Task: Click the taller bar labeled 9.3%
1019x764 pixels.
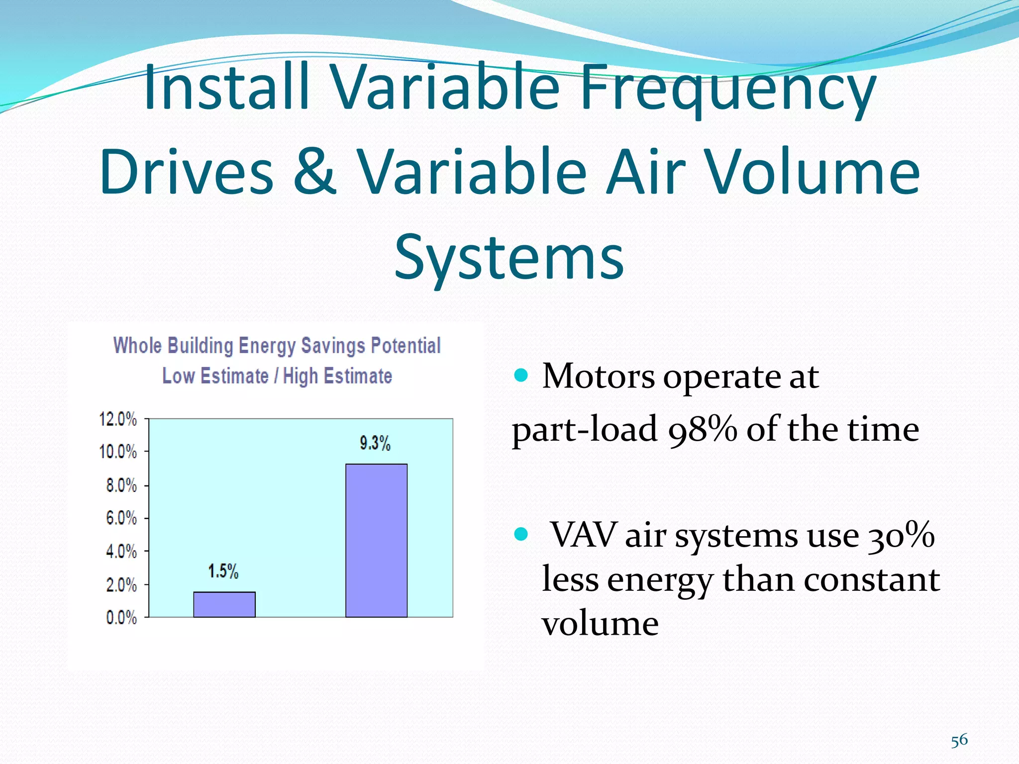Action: (x=376, y=540)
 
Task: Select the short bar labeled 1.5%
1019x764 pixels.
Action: (x=224, y=604)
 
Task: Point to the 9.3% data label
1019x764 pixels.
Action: (x=375, y=443)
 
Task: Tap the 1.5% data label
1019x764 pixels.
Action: (x=223, y=571)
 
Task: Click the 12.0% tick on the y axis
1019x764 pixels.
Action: (x=118, y=419)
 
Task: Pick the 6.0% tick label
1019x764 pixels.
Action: (x=121, y=518)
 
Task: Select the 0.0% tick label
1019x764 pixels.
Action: (x=121, y=618)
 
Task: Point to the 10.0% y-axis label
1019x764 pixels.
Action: (x=118, y=452)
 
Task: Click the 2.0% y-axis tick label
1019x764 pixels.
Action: (x=121, y=585)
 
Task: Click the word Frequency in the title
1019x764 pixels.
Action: (x=727, y=89)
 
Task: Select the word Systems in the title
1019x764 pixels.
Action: (x=509, y=257)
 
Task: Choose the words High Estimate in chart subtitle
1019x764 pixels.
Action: (x=337, y=376)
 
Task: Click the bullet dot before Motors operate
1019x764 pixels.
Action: (x=520, y=375)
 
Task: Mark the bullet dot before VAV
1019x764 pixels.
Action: (x=520, y=534)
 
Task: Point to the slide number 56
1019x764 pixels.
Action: (x=959, y=740)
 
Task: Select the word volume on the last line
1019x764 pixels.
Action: (x=600, y=624)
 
